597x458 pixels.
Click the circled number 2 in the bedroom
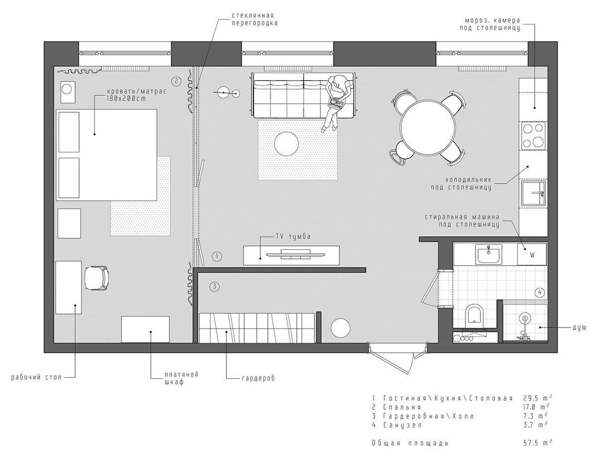coord(176,81)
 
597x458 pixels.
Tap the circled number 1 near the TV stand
coord(217,256)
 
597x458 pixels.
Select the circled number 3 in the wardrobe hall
coord(214,287)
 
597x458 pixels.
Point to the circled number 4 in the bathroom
coord(540,292)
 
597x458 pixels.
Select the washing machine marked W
coord(532,254)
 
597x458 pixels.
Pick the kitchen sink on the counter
coord(534,193)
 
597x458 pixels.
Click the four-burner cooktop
coord(533,136)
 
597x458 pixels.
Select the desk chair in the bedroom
coord(97,278)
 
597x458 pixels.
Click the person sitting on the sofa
coord(337,102)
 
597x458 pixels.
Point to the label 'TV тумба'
coord(293,236)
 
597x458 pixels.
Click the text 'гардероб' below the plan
coord(258,378)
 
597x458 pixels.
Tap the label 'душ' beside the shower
coord(579,328)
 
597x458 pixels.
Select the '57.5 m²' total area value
coord(538,443)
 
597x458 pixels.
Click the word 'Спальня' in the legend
coord(401,407)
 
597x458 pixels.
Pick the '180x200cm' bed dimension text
coord(126,99)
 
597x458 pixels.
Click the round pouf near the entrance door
coord(340,328)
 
